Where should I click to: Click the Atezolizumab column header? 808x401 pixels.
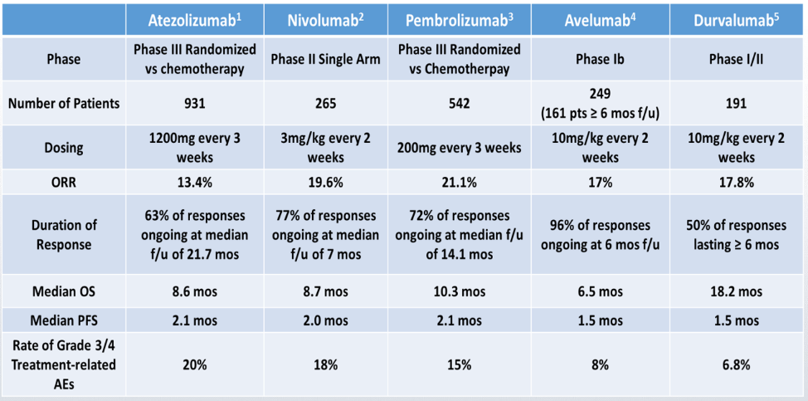tap(195, 20)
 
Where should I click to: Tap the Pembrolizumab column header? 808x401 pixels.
tap(460, 20)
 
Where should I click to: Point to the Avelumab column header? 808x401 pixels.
tap(601, 20)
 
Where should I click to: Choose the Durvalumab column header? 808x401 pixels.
tap(736, 20)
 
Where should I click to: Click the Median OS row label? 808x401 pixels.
tap(63, 291)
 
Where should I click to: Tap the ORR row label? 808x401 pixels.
tap(63, 182)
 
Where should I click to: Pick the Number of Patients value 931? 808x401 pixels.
tap(195, 103)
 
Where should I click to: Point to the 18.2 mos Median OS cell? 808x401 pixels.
tap(736, 291)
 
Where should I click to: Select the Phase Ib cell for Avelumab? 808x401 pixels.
tap(601, 59)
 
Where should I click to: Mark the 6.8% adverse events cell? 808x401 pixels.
tap(736, 365)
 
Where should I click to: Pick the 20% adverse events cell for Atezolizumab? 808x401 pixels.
tap(195, 365)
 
